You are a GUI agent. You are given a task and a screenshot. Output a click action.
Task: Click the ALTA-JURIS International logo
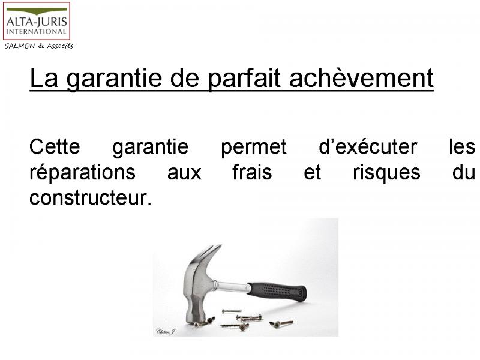[37, 21]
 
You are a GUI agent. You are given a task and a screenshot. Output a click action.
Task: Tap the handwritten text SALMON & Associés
[39, 46]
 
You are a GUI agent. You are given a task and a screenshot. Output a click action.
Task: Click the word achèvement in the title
[361, 78]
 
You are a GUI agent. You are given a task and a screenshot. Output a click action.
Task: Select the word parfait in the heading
[244, 79]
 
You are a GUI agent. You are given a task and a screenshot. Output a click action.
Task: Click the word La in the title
[43, 78]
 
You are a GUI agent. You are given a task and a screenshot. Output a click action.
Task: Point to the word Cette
[55, 146]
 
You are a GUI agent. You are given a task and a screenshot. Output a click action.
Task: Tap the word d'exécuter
[368, 146]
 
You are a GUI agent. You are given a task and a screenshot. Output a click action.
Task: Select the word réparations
[82, 173]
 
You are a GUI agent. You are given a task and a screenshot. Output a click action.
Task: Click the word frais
[252, 172]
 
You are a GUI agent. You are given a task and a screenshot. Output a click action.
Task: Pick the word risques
[386, 173]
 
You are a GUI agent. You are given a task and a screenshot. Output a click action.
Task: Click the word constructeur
[91, 198]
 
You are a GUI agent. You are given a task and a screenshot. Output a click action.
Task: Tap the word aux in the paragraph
[184, 174]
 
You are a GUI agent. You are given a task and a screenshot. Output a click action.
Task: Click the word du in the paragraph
[464, 172]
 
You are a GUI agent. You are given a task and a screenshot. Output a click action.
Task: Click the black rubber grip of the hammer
[277, 292]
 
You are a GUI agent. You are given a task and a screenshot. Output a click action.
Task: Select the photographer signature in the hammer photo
[166, 332]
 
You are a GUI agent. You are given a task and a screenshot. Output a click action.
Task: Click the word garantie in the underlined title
[114, 79]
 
